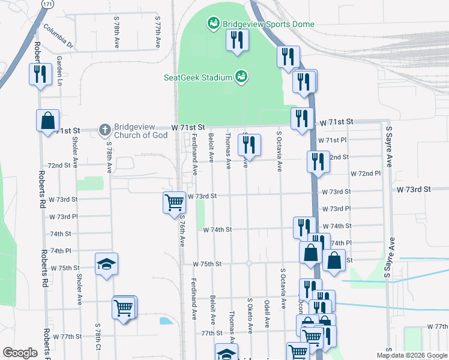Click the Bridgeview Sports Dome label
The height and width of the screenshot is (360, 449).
[268, 24]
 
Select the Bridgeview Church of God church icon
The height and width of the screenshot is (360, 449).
[104, 129]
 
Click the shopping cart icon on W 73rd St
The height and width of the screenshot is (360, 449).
[174, 202]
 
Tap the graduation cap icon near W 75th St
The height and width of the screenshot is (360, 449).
[106, 264]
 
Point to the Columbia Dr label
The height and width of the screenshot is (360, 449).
[58, 36]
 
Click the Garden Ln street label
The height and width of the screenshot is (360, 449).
[59, 70]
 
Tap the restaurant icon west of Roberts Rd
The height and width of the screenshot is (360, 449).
[40, 74]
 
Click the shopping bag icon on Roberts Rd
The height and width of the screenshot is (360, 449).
[47, 121]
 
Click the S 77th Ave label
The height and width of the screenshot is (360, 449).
[158, 32]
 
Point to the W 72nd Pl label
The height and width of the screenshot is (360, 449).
[369, 173]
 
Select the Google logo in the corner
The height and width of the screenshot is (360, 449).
[20, 353]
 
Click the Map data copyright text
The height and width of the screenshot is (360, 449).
[411, 355]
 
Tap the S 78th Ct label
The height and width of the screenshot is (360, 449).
[97, 337]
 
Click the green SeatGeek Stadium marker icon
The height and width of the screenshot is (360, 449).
[241, 77]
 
